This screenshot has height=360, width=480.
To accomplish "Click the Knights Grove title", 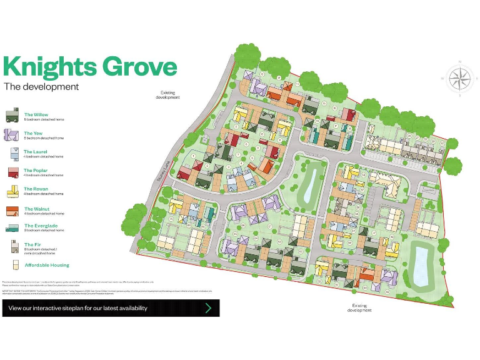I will [x=89, y=66].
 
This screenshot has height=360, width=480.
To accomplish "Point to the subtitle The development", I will [x=41, y=87].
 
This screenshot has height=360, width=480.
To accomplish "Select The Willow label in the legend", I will [x=36, y=115].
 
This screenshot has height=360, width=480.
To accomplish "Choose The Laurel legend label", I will [x=36, y=152].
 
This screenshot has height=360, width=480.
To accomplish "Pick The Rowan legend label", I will [x=36, y=189].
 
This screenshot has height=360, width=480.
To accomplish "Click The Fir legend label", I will [x=32, y=244].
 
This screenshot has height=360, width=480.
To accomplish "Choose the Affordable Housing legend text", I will [x=47, y=265].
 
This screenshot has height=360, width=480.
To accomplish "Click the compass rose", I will [x=459, y=79].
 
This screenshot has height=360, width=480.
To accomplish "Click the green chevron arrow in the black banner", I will [x=208, y=308].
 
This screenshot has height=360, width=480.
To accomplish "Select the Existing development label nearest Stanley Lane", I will [x=167, y=95].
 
